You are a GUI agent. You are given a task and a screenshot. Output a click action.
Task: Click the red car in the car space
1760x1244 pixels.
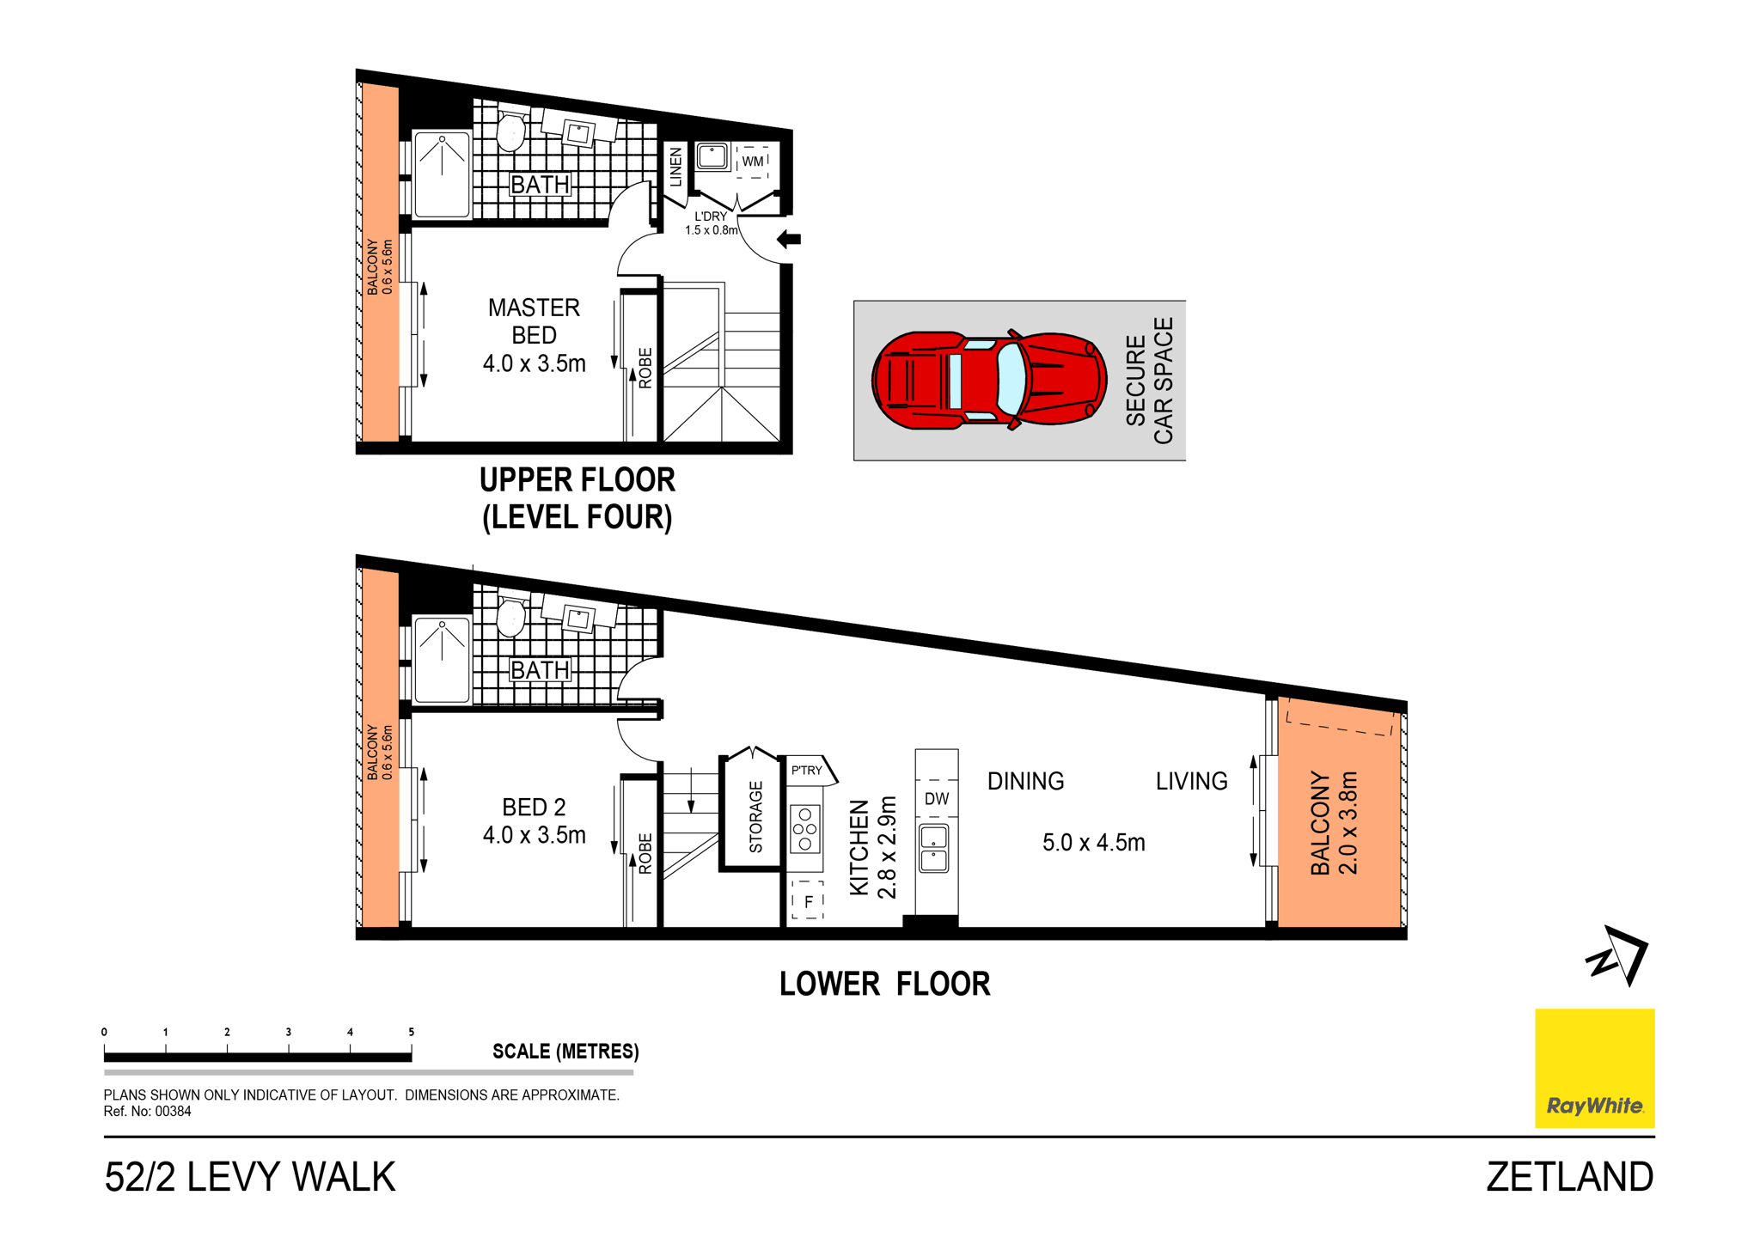click(988, 380)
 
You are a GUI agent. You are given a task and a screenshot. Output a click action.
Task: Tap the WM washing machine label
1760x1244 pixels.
click(752, 162)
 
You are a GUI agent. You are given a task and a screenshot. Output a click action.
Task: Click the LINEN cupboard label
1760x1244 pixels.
click(675, 167)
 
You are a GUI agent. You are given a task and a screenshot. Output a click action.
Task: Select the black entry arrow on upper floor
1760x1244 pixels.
click(789, 240)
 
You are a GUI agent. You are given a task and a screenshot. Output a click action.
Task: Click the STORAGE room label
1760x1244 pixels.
click(756, 816)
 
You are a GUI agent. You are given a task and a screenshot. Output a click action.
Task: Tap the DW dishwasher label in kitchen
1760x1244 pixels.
click(936, 799)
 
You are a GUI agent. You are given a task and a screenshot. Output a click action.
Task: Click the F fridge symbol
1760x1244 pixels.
click(808, 902)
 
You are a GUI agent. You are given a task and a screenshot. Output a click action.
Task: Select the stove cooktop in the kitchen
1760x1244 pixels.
click(805, 829)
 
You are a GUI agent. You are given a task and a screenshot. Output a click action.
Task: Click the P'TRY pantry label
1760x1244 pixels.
click(806, 771)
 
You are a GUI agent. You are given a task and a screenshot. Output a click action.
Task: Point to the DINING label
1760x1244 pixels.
click(1025, 782)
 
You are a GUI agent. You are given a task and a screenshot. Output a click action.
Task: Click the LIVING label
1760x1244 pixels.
click(1191, 782)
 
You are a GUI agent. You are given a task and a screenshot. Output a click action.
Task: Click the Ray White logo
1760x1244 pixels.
click(1594, 1068)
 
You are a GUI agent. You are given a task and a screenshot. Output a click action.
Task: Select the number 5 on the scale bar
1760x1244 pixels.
click(411, 1033)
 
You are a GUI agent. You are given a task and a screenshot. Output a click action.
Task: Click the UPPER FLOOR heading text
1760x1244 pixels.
click(577, 480)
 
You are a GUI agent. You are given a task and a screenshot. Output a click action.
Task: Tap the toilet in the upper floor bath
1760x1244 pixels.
click(511, 131)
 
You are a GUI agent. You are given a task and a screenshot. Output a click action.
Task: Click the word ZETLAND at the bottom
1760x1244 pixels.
click(1569, 1177)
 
